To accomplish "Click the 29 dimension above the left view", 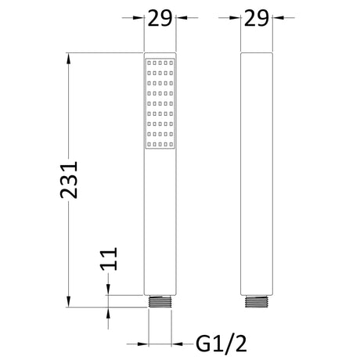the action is [x=160, y=18].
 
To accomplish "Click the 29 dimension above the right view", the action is [x=256, y=18].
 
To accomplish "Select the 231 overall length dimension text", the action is [x=69, y=180].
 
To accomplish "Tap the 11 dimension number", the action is [x=109, y=259].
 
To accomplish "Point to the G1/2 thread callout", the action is [x=221, y=344].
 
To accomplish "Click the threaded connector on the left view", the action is [x=160, y=301].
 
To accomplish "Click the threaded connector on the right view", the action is [x=257, y=301].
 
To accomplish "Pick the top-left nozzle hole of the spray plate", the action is [x=149, y=63].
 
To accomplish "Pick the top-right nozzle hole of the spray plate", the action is [x=171, y=63].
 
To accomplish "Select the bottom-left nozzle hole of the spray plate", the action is [x=149, y=144].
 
